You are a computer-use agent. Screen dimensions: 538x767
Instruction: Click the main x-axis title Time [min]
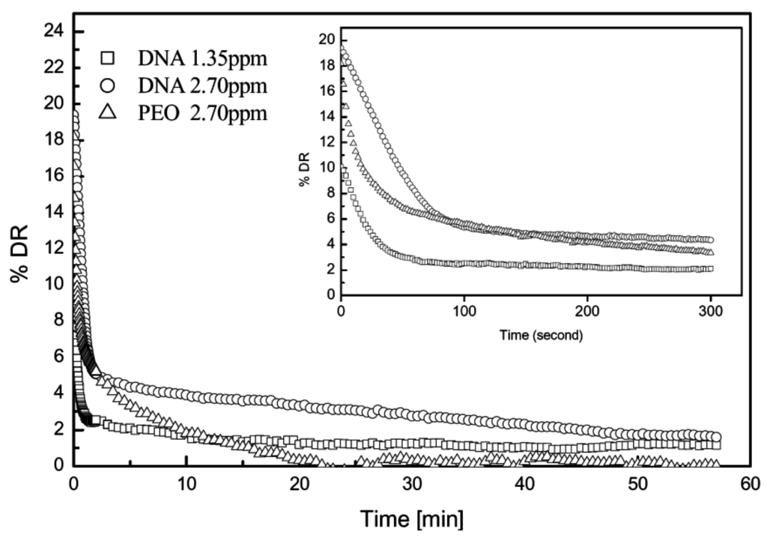[x=411, y=518]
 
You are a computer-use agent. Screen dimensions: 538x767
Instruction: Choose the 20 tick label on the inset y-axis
[x=326, y=40]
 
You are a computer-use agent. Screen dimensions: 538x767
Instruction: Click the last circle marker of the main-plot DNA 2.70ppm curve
[x=715, y=437]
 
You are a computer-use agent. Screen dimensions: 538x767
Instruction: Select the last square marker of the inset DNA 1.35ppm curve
[x=710, y=268]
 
